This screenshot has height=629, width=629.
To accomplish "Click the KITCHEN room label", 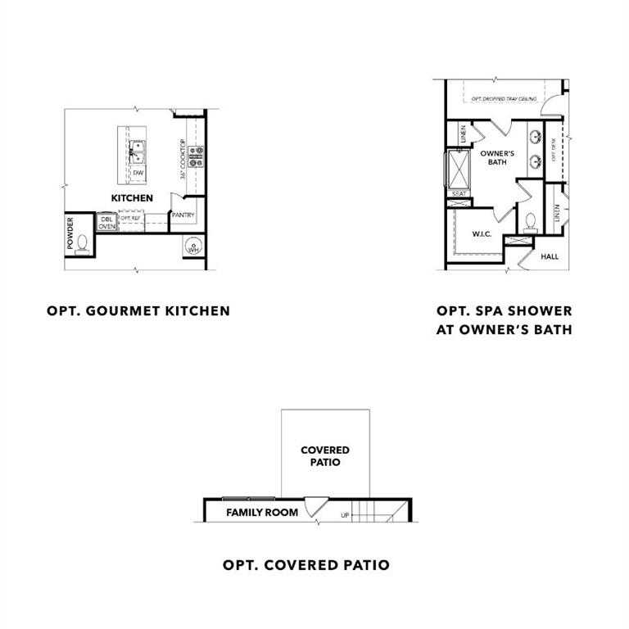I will (132, 198).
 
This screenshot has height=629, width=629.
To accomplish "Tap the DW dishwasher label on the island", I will (138, 173).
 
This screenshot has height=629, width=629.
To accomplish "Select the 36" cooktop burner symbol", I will (196, 156).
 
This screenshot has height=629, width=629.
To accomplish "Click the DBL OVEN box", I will (107, 222).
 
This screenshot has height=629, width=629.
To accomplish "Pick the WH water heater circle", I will (193, 247).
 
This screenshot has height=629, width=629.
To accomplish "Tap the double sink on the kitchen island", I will (137, 150).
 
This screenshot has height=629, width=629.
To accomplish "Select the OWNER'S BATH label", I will (496, 157).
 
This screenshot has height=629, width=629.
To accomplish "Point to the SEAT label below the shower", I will (458, 194).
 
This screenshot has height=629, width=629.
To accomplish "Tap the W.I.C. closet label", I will (481, 234).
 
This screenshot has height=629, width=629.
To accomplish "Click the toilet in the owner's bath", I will (530, 222).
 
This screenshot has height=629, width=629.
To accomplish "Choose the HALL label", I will (550, 256).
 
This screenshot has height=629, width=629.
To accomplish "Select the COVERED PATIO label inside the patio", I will (325, 456).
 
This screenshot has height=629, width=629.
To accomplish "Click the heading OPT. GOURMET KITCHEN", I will (138, 310).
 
